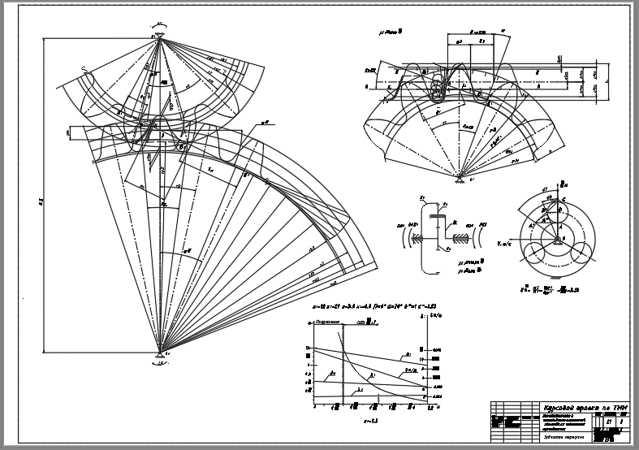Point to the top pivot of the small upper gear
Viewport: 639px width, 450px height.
pyautogui.click(x=159, y=36)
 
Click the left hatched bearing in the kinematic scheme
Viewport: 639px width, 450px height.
pyautogui.click(x=416, y=237)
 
